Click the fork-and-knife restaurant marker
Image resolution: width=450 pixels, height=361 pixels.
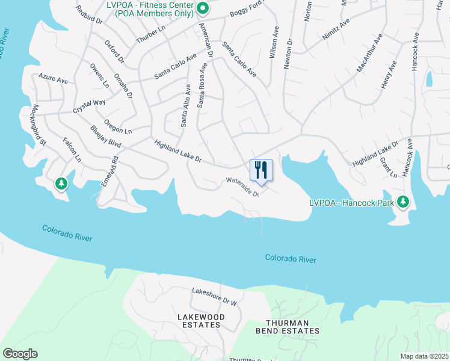point(261,169)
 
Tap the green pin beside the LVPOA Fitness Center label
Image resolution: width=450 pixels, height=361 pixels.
point(203,8)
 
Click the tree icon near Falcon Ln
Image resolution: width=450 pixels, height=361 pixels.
point(61,184)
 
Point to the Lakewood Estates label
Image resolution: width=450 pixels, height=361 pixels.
point(201,321)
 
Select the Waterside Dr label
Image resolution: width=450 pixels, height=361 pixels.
point(242,187)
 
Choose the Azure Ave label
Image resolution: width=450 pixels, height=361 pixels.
point(53,79)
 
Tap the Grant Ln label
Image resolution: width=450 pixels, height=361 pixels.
point(389,167)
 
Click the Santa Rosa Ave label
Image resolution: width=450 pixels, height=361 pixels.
point(203,84)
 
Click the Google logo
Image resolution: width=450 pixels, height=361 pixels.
point(20,354)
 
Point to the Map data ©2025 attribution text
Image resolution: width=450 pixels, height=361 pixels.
point(424,356)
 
